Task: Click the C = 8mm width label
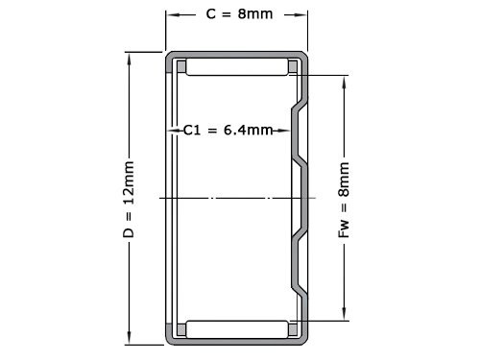tap(238, 15)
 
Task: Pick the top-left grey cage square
tap(178, 67)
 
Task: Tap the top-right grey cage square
tap(294, 67)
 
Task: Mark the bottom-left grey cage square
tap(178, 328)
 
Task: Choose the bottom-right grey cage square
tap(294, 328)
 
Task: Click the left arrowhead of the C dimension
tap(171, 15)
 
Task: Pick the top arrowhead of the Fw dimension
tap(345, 82)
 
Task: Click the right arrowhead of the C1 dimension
tap(288, 130)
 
